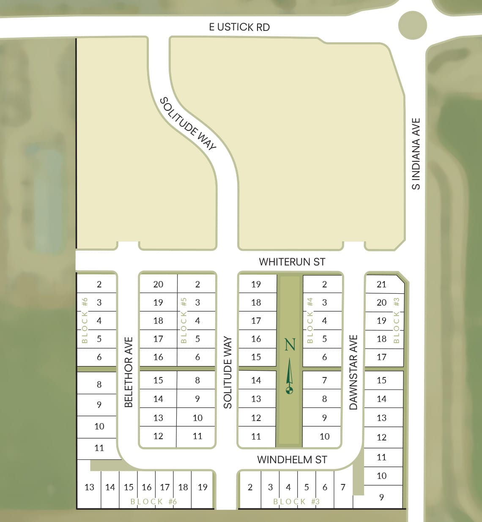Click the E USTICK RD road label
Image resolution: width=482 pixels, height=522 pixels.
point(239,27)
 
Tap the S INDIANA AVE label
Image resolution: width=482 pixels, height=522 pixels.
point(416,154)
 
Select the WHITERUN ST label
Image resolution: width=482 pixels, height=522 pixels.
point(292,262)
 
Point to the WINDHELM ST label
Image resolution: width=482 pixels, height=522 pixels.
point(292,460)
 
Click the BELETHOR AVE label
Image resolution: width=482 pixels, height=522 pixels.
point(129,372)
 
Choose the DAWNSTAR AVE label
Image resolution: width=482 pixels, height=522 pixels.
point(353,372)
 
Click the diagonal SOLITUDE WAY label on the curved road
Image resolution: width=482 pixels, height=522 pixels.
point(188,123)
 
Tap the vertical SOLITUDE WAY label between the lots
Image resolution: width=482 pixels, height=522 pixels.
point(228,372)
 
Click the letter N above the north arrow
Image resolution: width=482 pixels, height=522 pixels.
point(290,345)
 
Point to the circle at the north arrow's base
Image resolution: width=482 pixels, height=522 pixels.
point(289,390)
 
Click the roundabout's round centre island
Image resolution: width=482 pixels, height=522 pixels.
point(412,25)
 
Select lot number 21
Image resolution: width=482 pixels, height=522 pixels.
point(381,284)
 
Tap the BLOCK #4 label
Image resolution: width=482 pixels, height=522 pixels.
point(310,320)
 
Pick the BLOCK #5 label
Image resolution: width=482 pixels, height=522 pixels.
point(183,320)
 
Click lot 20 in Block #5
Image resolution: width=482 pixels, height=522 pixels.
point(158,284)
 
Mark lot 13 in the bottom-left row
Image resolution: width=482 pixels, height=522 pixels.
point(89,487)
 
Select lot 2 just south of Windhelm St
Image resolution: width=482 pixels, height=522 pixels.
point(250,487)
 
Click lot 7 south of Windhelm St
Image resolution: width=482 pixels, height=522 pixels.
point(343,487)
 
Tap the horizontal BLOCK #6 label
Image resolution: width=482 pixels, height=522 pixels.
point(153,502)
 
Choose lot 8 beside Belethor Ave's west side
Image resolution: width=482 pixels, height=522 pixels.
point(99,384)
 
